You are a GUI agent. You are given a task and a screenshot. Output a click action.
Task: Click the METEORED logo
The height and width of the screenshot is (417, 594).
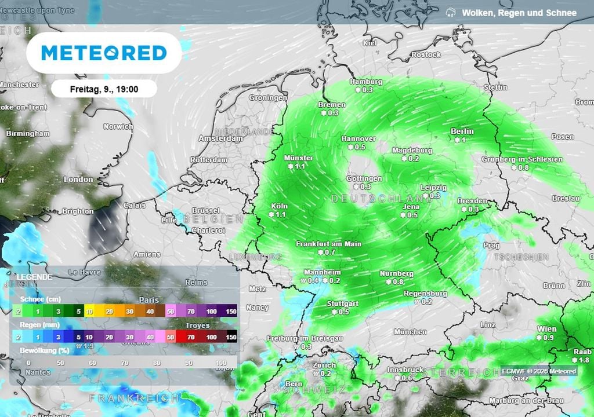[104, 53]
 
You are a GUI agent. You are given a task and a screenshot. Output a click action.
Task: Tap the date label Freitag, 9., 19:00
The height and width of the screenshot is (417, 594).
[104, 89]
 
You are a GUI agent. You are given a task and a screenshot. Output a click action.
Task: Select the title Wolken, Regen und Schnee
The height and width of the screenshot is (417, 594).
[519, 12]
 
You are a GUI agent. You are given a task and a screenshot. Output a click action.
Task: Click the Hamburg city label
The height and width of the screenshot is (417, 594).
[366, 82]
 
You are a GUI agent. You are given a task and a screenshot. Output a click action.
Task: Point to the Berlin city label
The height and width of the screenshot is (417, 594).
[462, 131]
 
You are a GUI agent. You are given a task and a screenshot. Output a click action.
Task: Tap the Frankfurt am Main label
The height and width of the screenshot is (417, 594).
[328, 244]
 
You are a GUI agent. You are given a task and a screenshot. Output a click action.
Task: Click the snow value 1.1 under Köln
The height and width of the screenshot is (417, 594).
[281, 214]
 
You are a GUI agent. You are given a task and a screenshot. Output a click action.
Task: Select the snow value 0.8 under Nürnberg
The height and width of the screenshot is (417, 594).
[398, 281]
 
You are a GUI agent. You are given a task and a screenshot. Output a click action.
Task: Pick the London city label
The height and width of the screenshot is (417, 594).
[78, 180]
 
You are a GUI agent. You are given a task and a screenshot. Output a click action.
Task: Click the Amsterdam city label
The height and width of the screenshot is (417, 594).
[220, 138]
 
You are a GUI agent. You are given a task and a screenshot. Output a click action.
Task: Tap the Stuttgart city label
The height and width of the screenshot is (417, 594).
[342, 303]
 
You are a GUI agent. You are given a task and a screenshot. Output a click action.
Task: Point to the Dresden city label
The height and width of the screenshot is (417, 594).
[472, 201]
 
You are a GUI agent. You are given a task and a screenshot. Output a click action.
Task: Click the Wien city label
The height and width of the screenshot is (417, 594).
[546, 329]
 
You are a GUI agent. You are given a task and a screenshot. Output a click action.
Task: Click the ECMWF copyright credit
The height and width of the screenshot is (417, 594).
[539, 371]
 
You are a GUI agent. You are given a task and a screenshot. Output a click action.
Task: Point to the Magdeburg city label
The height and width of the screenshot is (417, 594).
[412, 150]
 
